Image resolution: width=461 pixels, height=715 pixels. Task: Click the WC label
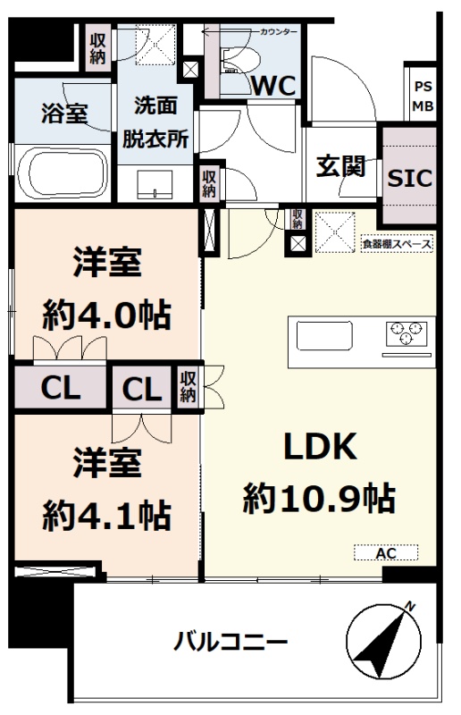click(x=273, y=85)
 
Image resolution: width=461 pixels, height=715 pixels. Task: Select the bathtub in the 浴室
click(x=62, y=173)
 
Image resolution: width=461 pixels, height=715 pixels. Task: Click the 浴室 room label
click(x=64, y=114)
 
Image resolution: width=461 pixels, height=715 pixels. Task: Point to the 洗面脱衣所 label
click(x=155, y=122)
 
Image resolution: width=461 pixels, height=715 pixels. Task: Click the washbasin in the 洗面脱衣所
click(x=155, y=184)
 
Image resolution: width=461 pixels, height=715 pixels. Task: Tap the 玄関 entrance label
click(x=341, y=166)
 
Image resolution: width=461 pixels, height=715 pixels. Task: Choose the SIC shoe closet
click(x=409, y=176)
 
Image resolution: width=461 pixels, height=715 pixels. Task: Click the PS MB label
click(x=423, y=97)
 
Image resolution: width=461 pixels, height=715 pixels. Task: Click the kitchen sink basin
click(x=324, y=335)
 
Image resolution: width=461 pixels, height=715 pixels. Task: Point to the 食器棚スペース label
click(x=397, y=244)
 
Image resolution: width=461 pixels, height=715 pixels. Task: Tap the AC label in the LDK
click(x=386, y=553)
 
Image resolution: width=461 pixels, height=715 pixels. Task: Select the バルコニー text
click(x=230, y=642)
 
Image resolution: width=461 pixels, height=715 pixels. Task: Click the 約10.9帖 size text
click(x=319, y=499)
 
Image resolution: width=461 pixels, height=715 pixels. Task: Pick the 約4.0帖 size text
click(x=107, y=315)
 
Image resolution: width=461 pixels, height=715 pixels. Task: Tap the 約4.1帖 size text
click(x=107, y=516)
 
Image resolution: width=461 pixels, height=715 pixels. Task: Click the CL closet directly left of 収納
click(x=142, y=389)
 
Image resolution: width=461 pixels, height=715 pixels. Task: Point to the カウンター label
click(x=278, y=32)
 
